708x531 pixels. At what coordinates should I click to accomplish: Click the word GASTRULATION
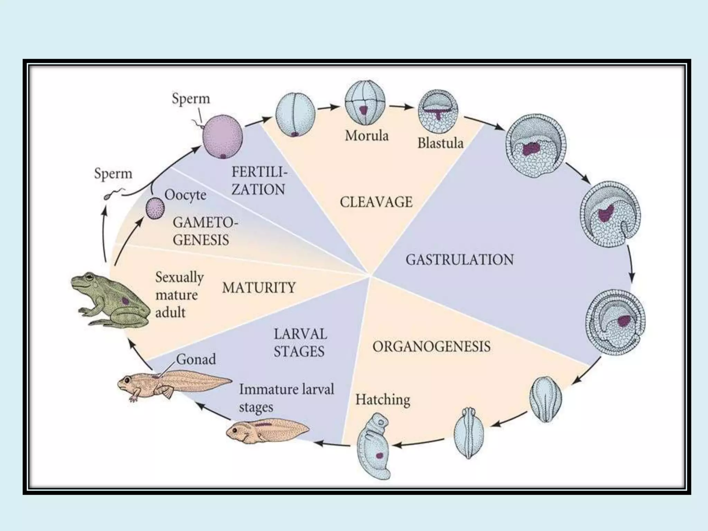pyautogui.click(x=459, y=260)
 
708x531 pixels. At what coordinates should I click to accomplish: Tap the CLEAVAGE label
pyautogui.click(x=376, y=202)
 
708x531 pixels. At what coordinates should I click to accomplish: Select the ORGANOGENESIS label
pyautogui.click(x=431, y=346)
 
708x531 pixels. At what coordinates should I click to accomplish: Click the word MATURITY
pyautogui.click(x=259, y=288)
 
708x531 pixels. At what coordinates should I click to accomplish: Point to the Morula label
pyautogui.click(x=367, y=136)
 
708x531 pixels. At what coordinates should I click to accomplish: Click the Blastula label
pyautogui.click(x=440, y=143)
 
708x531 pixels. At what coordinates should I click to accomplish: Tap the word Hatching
pyautogui.click(x=383, y=400)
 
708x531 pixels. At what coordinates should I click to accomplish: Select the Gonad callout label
pyautogui.click(x=196, y=359)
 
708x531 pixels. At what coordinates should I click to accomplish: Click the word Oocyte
pyautogui.click(x=185, y=195)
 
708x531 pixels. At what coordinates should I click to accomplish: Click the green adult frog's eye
pyautogui.click(x=90, y=277)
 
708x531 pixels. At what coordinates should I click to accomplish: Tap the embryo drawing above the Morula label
pyautogui.click(x=365, y=103)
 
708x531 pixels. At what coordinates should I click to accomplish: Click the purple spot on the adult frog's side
pyautogui.click(x=126, y=300)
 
